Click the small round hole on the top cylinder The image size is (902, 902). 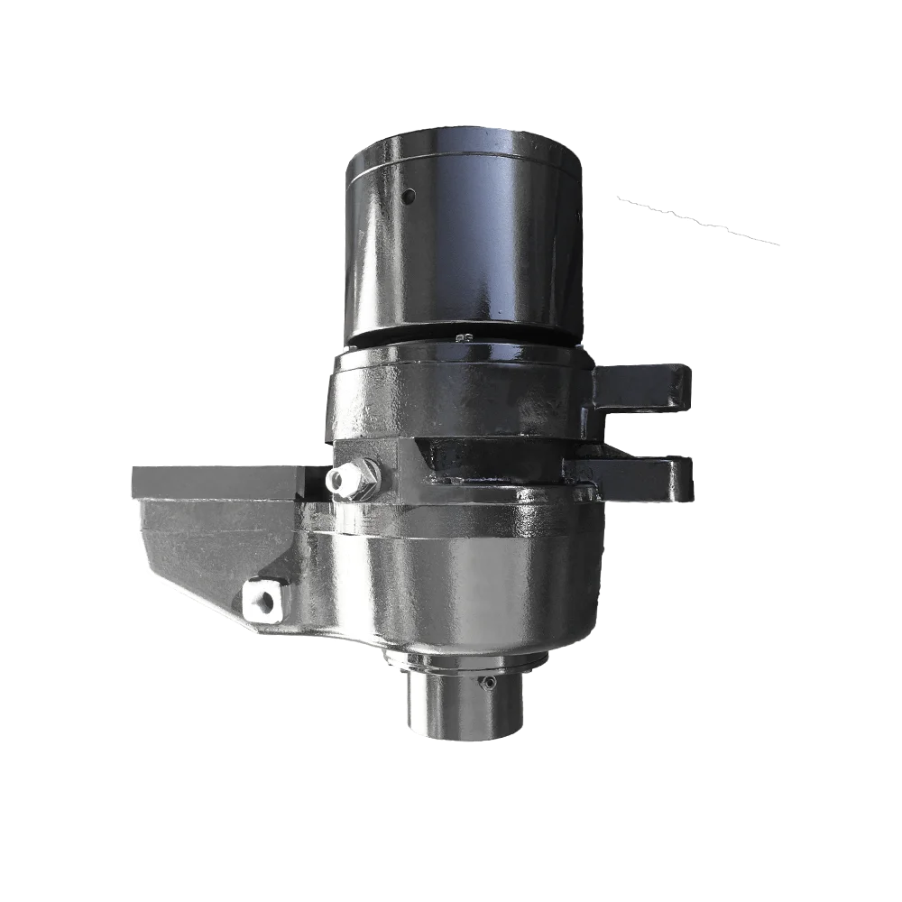[x=409, y=196]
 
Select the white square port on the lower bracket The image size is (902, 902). [x=261, y=598]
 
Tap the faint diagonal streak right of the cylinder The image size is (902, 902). [x=699, y=222]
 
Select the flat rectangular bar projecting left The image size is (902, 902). [x=216, y=482]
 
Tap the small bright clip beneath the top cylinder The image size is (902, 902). [x=465, y=338]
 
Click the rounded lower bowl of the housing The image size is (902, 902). [x=460, y=595]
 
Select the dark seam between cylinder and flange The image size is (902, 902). [x=460, y=344]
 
